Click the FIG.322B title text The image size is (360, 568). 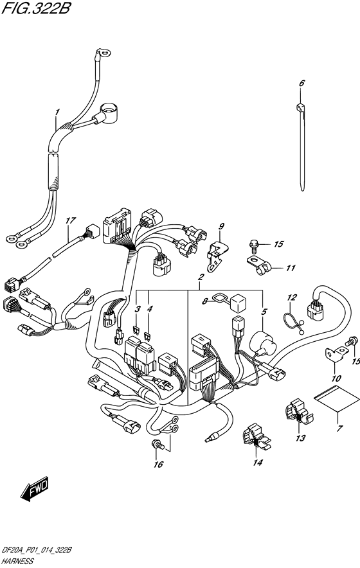tap(36, 8)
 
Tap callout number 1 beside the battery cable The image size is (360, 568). tap(57, 112)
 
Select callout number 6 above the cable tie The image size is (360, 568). tap(301, 83)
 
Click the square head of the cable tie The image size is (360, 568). tap(300, 107)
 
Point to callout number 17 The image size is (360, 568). tap(71, 220)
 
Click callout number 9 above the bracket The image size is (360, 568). tap(221, 226)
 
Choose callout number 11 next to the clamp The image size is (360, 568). tap(291, 268)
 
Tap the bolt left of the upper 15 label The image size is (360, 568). tap(253, 245)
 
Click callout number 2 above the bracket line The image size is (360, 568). tap(201, 278)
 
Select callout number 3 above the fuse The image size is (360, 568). tap(137, 309)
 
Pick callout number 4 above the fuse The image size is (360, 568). tap(150, 309)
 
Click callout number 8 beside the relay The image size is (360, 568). tap(205, 301)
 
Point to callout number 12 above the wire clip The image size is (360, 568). tap(292, 297)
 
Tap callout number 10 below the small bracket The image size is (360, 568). tap(336, 378)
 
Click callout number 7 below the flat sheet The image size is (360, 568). tap(339, 429)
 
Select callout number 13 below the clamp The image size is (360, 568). tap(300, 438)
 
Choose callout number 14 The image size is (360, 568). tap(258, 463)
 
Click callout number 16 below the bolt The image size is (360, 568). tap(158, 465)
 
